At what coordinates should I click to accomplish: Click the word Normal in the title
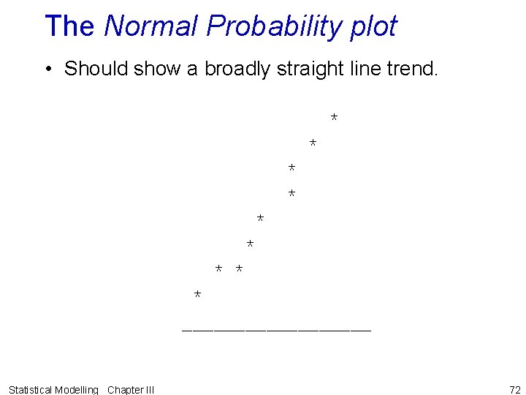coord(151,26)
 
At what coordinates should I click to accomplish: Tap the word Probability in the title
coord(265,26)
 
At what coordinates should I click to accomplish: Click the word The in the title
coord(69,26)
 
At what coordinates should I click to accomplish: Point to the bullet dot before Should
coord(47,69)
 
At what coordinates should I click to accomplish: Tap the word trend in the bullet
coord(411,69)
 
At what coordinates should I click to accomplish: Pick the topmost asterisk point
coord(334,117)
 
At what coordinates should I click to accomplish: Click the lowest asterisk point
coord(197,294)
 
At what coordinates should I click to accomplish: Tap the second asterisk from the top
coord(313,142)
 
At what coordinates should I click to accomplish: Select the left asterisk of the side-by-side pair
coord(218,269)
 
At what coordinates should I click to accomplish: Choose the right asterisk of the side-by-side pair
coord(239,269)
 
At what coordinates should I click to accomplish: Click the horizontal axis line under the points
coord(276,331)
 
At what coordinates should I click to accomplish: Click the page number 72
coord(514,389)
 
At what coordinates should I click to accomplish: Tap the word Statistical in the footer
coord(31,390)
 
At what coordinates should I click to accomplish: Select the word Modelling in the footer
coord(77,390)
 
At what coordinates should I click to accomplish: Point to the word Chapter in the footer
coord(125,390)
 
